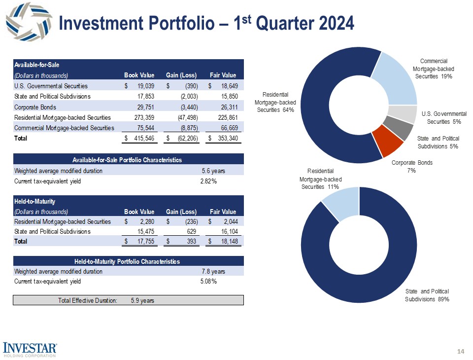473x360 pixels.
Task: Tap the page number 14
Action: tap(461, 351)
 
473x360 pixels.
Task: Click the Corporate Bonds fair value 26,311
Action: tap(227, 107)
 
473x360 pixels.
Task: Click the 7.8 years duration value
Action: tap(213, 271)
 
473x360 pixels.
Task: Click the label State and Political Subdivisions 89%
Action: tap(427, 295)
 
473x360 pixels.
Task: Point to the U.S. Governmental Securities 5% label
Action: tap(444, 117)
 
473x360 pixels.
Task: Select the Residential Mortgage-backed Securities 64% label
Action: tap(275, 102)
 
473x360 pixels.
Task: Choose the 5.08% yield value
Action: tap(208, 282)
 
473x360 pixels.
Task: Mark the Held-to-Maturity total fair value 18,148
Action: tap(227, 242)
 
